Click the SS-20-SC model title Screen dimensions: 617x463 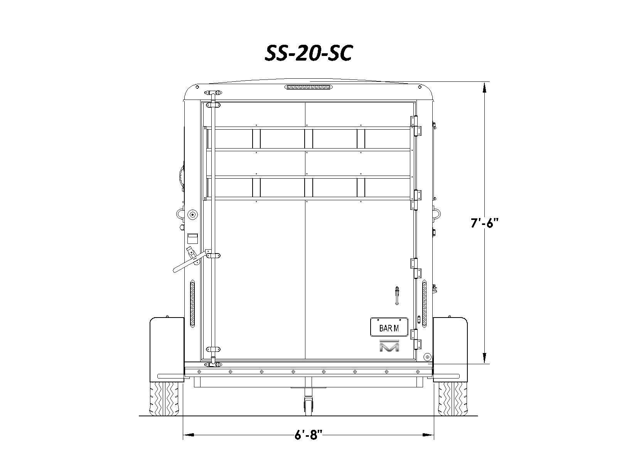(308, 53)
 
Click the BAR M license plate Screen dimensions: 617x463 (389, 327)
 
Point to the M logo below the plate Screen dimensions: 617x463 (389, 345)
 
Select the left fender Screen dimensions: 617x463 (167, 350)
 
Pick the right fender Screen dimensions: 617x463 (450, 350)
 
